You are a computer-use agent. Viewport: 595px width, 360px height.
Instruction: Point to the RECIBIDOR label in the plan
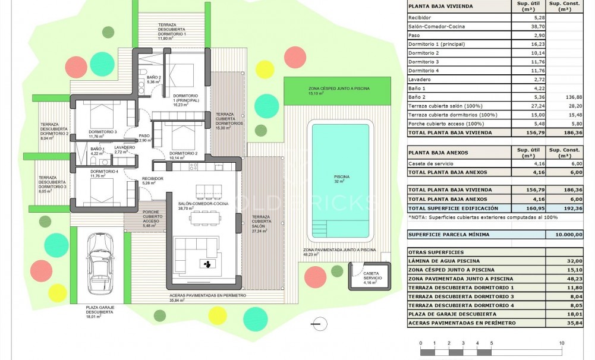pos(152,179)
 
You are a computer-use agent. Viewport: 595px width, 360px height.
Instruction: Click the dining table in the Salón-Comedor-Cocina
pos(205,218)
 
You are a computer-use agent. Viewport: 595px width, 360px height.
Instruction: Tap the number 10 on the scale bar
pos(561,343)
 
